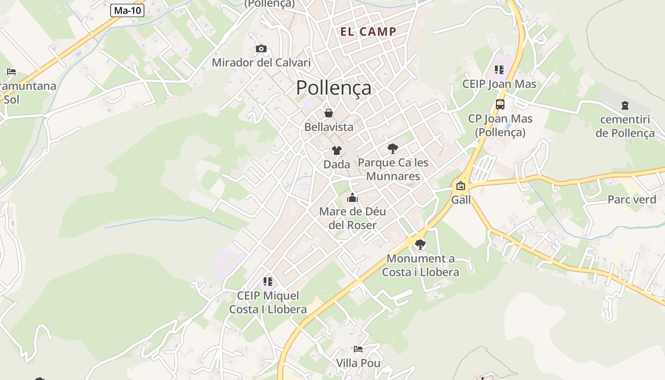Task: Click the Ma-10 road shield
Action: (x=127, y=10)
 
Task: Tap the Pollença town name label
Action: (x=333, y=88)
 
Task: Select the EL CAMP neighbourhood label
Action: (x=368, y=32)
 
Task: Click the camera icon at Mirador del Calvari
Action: (x=261, y=48)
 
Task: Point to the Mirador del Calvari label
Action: (x=261, y=62)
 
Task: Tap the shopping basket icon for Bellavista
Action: (x=328, y=113)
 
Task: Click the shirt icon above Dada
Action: (x=336, y=151)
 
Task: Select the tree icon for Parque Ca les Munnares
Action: (x=392, y=149)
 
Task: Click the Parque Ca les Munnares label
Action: (x=393, y=170)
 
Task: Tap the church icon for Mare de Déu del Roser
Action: (x=352, y=198)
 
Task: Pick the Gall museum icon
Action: (x=460, y=186)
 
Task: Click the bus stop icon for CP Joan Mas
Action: (x=500, y=104)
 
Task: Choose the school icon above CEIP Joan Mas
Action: (x=499, y=70)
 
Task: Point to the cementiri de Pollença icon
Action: (x=625, y=105)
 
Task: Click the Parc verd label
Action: (x=632, y=199)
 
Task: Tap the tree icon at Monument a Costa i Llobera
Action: (x=420, y=245)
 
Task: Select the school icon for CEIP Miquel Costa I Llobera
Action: (x=268, y=282)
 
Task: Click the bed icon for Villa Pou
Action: (x=358, y=349)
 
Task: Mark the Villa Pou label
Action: (x=358, y=363)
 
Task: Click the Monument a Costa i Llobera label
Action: (x=420, y=266)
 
